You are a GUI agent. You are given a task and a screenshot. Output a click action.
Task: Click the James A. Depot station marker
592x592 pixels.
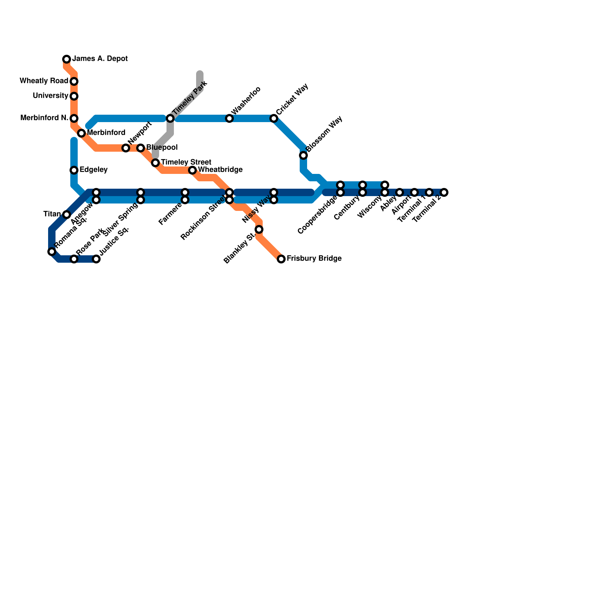(67, 59)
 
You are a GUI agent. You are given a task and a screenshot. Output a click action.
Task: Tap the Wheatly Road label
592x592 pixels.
(44, 81)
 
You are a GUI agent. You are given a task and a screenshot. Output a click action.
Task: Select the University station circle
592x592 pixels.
(74, 96)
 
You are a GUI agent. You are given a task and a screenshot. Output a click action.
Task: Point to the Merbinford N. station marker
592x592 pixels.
(74, 118)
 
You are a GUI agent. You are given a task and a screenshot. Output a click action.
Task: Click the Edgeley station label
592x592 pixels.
(93, 170)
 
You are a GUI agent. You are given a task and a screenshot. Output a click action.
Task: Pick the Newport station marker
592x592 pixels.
(126, 148)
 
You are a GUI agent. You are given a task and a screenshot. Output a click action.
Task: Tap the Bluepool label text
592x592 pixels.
(162, 148)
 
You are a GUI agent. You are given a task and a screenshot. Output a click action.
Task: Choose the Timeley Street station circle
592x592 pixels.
(155, 163)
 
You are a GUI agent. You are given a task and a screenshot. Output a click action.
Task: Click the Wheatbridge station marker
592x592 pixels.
(192, 170)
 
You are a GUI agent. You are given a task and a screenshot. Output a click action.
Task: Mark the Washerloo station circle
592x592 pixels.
(229, 118)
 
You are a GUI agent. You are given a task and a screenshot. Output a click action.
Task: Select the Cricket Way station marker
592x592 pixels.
(274, 118)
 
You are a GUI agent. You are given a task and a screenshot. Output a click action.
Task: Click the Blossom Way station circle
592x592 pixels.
(303, 155)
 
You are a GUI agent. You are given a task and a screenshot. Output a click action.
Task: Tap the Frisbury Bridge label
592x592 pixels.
(314, 259)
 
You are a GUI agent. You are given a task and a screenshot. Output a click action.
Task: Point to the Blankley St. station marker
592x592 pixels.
(259, 229)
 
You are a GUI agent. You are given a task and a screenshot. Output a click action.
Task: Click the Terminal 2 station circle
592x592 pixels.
(444, 192)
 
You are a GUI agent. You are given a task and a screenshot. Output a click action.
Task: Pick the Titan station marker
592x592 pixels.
(67, 215)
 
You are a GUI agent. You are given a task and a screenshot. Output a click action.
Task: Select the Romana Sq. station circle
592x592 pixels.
(52, 252)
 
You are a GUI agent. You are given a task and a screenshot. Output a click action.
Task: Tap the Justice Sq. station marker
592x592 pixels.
(96, 259)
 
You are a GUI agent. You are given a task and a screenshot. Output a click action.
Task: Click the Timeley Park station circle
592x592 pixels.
(170, 118)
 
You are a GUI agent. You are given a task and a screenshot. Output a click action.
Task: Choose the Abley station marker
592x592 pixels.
(400, 192)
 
